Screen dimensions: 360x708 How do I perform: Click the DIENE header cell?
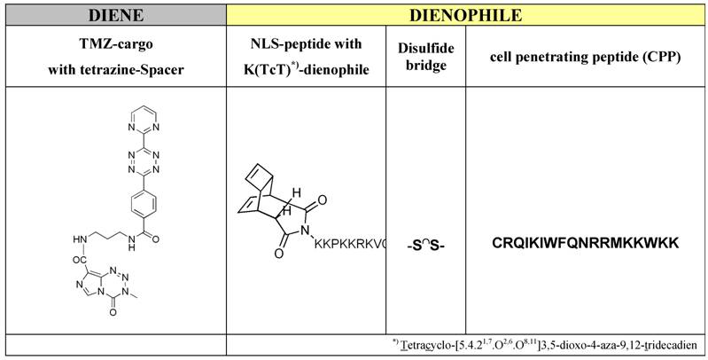113,14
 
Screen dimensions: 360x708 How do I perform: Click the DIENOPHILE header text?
467,14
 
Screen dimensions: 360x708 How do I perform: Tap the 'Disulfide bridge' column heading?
425,58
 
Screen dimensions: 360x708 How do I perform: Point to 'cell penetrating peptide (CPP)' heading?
585,58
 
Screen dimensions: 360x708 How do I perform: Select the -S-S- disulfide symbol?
425,244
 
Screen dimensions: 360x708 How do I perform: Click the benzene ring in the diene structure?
143,197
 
